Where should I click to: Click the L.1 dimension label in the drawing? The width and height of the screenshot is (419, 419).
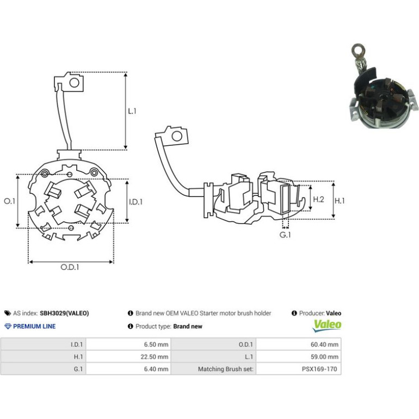point(132,111)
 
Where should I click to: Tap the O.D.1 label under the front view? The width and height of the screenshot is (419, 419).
point(70,267)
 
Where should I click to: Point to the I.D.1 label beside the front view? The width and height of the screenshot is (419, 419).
point(135,202)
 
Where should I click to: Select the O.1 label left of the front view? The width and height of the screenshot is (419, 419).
point(10,201)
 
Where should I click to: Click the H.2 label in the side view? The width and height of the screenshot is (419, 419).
point(318,199)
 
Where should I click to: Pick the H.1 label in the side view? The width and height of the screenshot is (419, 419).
point(340,200)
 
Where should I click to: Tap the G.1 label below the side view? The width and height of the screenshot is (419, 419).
point(285,235)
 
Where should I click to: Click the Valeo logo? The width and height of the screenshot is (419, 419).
point(328,325)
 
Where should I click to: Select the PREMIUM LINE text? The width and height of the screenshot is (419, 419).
point(34,326)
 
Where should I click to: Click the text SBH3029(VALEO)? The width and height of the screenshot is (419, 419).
point(64,313)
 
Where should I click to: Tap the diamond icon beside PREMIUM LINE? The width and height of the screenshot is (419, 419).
point(8,326)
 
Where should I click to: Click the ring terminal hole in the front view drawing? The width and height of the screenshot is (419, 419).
point(75,83)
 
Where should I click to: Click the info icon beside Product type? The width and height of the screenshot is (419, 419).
point(131,326)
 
